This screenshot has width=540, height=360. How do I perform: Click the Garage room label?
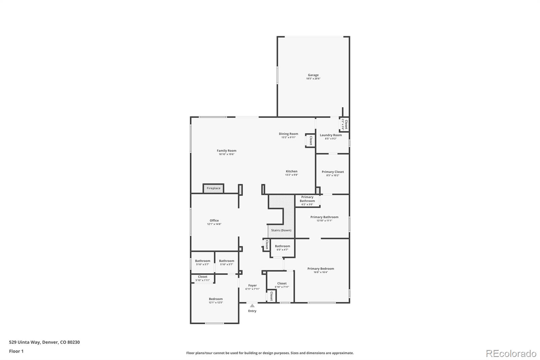click(313, 75)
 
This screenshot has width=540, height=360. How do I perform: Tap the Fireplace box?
click(213, 188)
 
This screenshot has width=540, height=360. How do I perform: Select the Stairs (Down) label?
click(281, 230)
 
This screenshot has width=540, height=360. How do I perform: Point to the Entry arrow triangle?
click(252, 306)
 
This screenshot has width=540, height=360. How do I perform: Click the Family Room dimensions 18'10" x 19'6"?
click(226, 154)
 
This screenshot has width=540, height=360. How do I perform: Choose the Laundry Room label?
click(331, 135)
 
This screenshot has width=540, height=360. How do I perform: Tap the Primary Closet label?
click(332, 172)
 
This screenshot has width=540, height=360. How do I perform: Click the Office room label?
click(214, 221)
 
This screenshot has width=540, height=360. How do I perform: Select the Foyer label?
click(252, 285)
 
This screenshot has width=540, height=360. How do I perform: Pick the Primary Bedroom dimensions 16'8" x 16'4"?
click(321, 272)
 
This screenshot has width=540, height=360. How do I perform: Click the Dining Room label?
click(288, 134)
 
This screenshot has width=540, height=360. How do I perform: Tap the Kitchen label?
click(292, 171)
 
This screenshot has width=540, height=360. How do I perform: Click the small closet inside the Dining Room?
click(310, 140)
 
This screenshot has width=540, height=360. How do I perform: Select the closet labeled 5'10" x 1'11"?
click(202, 278)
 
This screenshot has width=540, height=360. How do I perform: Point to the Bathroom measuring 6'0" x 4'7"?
click(282, 248)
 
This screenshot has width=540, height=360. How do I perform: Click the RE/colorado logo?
click(511, 353)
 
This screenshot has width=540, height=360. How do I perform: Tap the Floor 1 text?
click(16, 351)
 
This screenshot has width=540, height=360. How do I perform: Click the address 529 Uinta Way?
click(44, 342)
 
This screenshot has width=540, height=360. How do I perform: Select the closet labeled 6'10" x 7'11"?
click(282, 285)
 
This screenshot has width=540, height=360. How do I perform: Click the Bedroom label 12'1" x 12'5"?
click(216, 301)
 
